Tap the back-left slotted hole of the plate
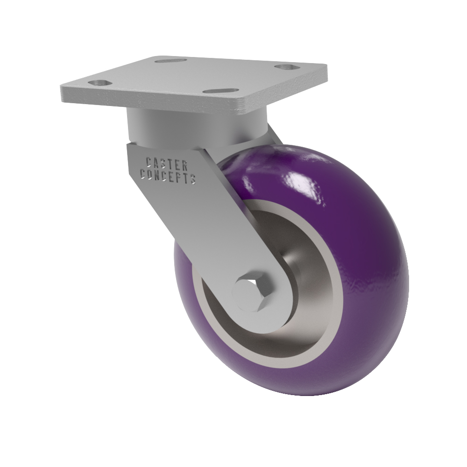tap(170, 60)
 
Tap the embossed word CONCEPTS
tap(168, 176)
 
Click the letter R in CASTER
tap(184, 166)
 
